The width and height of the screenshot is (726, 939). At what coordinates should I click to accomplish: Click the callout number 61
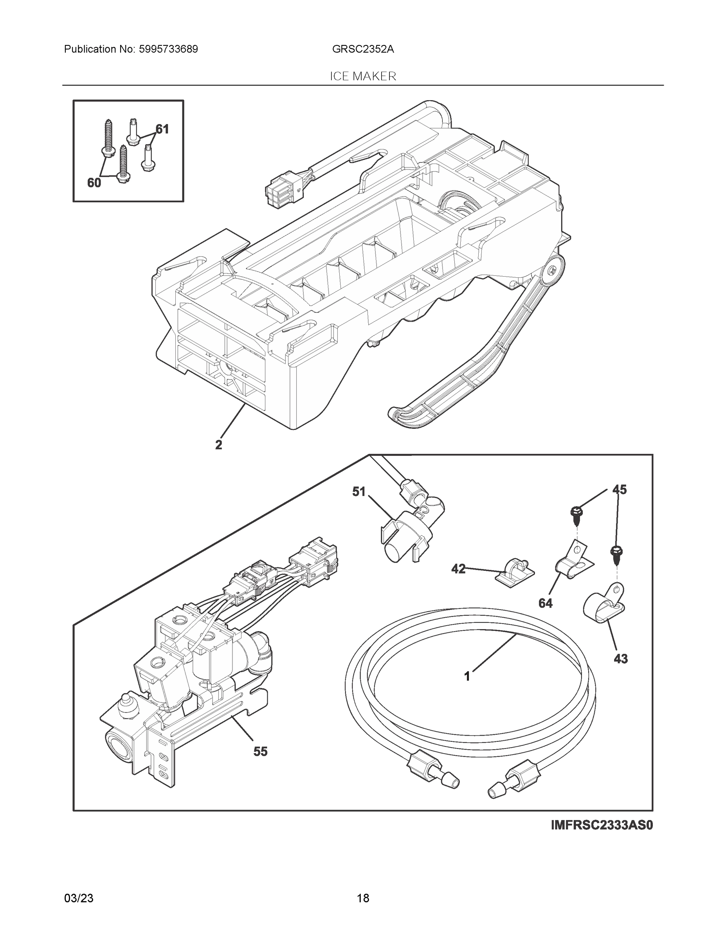tap(162, 129)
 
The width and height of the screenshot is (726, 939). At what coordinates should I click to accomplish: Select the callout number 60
tap(94, 183)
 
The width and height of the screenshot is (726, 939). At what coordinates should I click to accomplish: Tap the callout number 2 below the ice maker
tap(218, 445)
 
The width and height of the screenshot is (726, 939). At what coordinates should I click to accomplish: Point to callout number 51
tap(359, 491)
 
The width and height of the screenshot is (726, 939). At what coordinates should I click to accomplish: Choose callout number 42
tap(458, 569)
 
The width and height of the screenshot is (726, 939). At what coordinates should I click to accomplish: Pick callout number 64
tap(545, 603)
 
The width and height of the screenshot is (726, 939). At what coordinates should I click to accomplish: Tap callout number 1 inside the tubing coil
tap(467, 677)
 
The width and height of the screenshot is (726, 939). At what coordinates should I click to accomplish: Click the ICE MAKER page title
tap(362, 76)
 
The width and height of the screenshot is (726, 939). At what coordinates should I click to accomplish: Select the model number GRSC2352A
tap(362, 49)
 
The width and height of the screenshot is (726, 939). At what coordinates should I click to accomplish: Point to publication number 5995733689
tap(169, 49)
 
